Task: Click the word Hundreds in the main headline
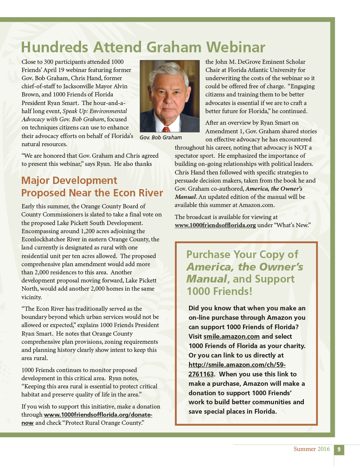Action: point(51,47)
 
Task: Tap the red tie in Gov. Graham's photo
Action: point(166,128)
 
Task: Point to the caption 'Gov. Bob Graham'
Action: point(161,138)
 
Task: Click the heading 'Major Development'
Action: point(69,180)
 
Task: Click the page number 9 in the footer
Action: point(339,449)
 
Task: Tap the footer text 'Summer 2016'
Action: point(312,449)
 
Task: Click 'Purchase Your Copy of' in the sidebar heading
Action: point(242,254)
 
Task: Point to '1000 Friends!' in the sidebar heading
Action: point(219,292)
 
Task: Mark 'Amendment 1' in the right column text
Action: point(222,132)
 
